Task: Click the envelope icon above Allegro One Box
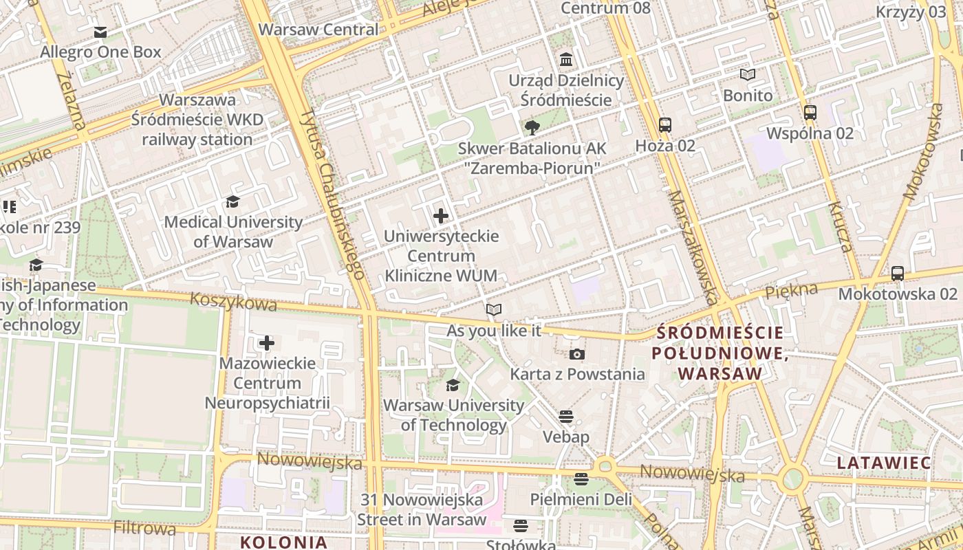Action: click(100, 32)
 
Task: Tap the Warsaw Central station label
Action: click(318, 30)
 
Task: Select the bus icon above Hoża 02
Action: click(664, 125)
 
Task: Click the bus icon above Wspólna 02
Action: click(810, 113)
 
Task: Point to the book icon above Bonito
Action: click(748, 75)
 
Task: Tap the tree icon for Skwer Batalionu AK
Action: click(532, 127)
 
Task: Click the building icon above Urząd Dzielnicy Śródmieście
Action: click(566, 60)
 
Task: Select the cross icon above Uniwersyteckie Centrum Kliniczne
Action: click(441, 216)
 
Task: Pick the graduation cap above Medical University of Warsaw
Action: click(232, 201)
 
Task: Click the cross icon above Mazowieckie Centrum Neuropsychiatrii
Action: click(267, 342)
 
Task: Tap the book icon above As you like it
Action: click(494, 310)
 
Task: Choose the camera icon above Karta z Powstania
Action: click(577, 354)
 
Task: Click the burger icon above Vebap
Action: click(566, 416)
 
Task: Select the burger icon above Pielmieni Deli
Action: click(581, 478)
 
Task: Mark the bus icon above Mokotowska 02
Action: click(898, 273)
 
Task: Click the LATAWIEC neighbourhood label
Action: click(884, 463)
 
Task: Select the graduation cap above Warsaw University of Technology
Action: click(453, 385)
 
